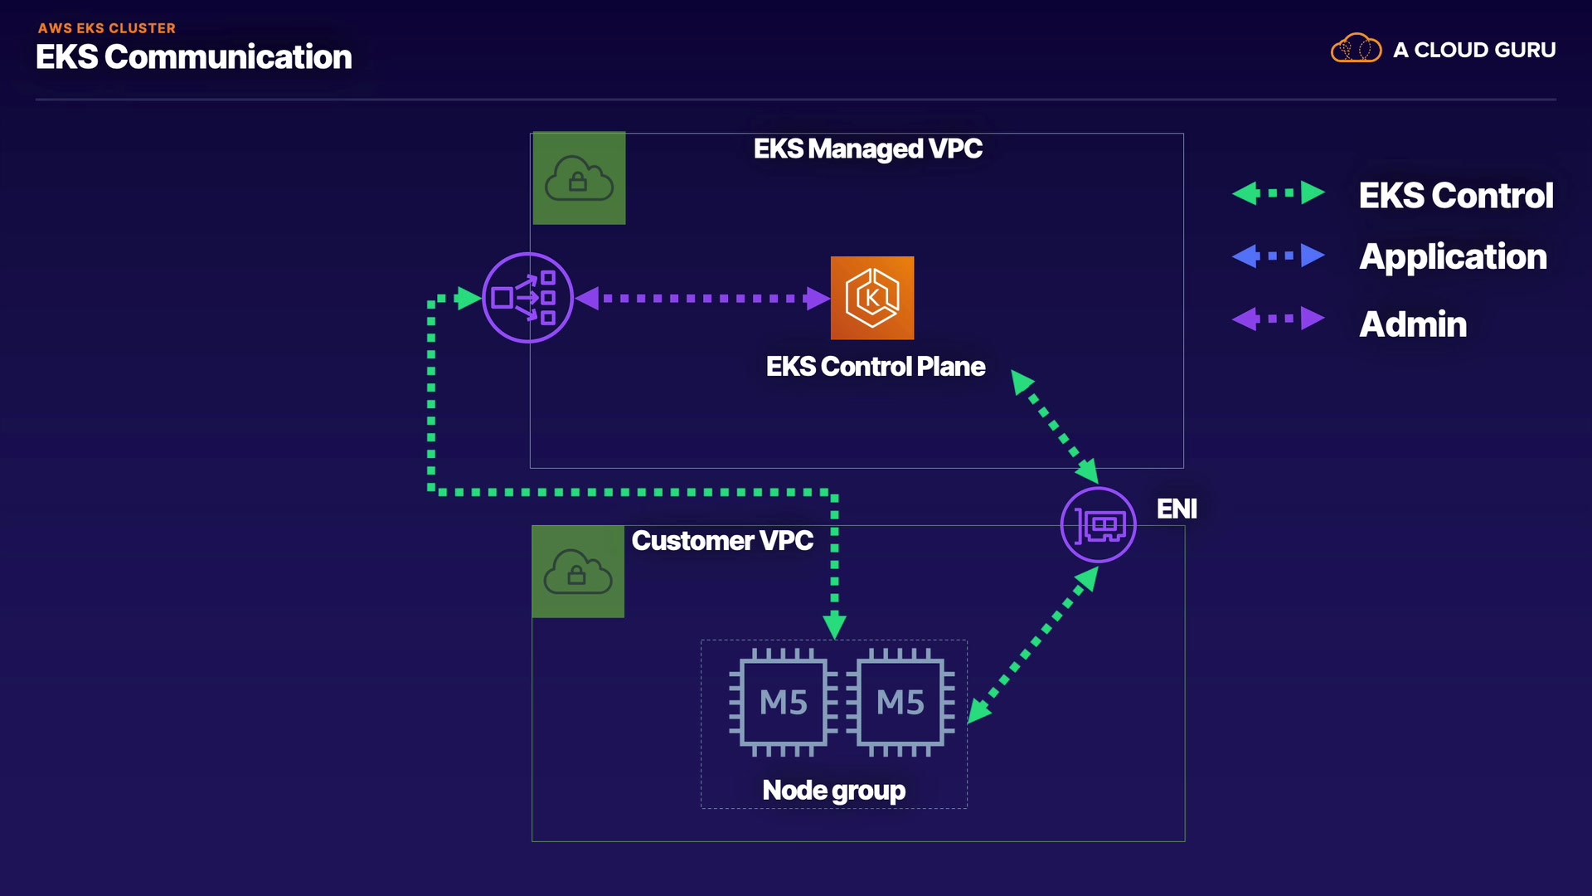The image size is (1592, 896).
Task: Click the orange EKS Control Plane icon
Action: point(872,298)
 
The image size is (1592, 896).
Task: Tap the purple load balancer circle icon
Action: point(527,298)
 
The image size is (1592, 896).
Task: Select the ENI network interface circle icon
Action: point(1098,525)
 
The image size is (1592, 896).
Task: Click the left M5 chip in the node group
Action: point(783,703)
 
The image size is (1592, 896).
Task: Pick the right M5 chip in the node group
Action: point(900,703)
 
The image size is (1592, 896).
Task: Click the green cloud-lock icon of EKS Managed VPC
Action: point(579,178)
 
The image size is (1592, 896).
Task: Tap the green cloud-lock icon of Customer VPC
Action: point(578,572)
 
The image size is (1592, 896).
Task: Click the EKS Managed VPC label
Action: point(867,149)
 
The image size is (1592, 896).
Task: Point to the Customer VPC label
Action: point(722,541)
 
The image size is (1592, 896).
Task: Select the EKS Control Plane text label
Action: point(876,367)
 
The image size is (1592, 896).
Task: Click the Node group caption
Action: point(833,791)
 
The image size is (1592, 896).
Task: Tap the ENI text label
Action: point(1177,509)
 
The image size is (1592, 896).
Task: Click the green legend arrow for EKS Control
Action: point(1278,193)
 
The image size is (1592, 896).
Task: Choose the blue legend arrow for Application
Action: point(1278,256)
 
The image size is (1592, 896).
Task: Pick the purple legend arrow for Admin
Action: point(1278,319)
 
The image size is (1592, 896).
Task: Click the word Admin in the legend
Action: point(1413,324)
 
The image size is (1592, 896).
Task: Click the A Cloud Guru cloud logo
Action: point(1356,49)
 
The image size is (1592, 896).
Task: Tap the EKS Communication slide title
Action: point(194,57)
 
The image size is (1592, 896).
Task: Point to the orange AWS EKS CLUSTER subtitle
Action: point(107,28)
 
